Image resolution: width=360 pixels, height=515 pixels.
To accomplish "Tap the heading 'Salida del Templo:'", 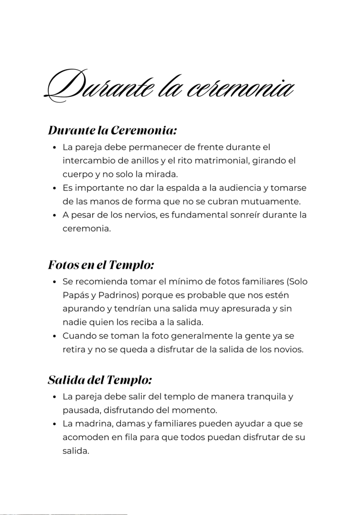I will pos(100,380).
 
